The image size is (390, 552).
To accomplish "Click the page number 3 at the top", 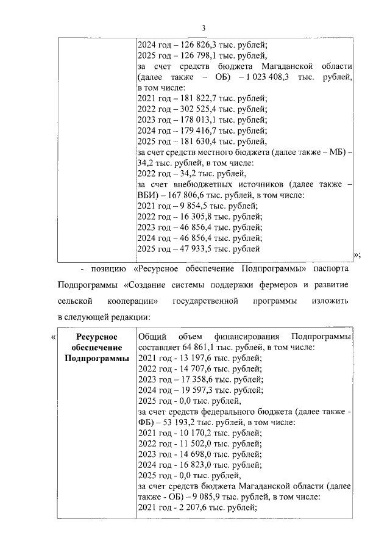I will click(x=204, y=27).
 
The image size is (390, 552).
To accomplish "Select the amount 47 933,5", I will click(x=190, y=249).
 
